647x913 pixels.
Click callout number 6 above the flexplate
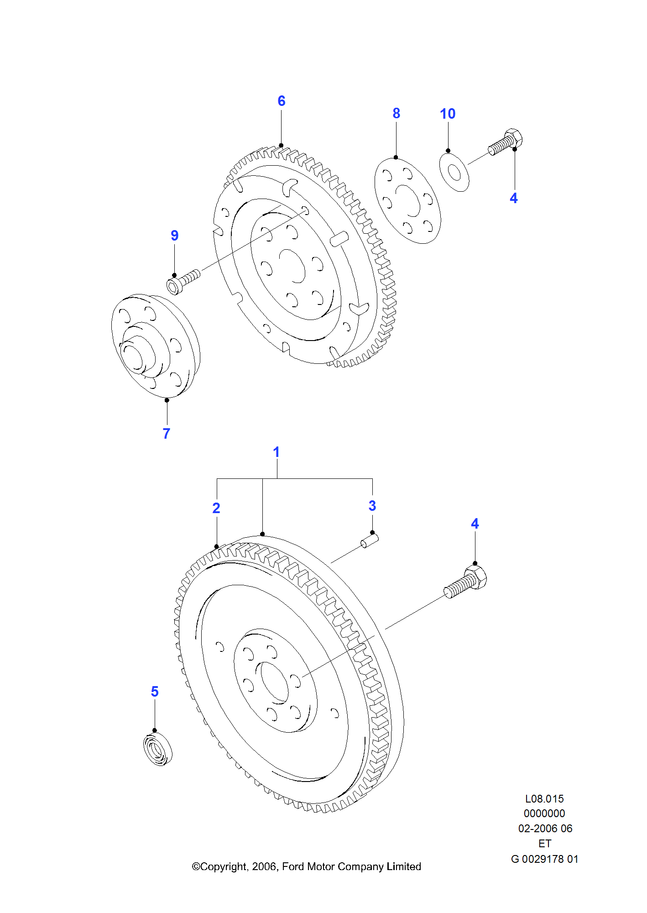[282, 101]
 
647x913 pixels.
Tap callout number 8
[396, 113]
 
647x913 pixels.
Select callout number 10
[448, 114]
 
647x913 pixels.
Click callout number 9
[174, 236]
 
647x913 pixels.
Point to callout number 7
[167, 433]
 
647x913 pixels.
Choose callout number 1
[276, 452]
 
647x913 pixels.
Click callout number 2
[216, 508]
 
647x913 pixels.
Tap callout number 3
[372, 506]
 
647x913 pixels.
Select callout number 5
[155, 692]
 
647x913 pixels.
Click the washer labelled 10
[454, 173]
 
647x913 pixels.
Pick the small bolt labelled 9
[183, 281]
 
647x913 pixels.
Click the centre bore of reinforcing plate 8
[407, 201]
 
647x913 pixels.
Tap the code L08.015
[544, 799]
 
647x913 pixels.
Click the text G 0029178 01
[544, 859]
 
